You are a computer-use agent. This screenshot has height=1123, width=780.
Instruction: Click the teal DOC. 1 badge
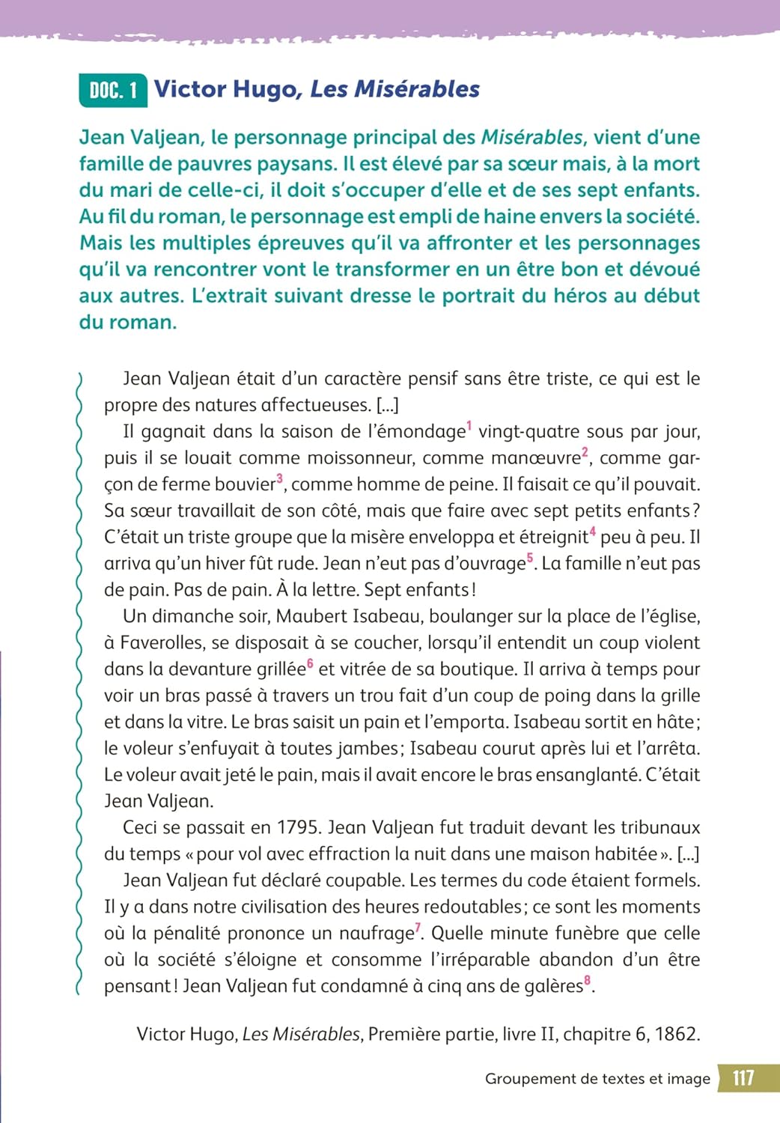(113, 91)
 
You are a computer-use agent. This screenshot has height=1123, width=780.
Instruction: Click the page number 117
(743, 1078)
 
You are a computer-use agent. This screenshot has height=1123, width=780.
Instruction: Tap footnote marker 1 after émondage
(469, 427)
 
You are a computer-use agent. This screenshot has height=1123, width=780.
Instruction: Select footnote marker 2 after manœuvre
(585, 452)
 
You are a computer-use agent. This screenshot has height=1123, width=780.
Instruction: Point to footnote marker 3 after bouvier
(280, 478)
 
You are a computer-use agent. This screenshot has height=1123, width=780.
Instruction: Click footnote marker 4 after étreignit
(592, 532)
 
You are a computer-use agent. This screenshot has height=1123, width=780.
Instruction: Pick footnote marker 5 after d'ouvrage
(530, 558)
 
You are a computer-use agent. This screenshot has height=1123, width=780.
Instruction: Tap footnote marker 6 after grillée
(310, 663)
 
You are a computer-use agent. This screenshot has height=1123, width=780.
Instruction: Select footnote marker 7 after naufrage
(418, 928)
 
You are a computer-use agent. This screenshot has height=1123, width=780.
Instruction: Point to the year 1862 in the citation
(676, 1035)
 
